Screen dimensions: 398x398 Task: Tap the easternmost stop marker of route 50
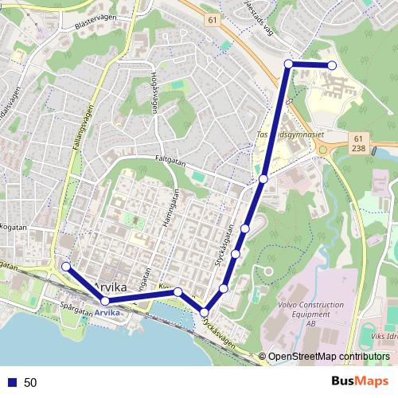click(332, 65)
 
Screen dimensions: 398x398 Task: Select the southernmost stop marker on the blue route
click(205, 312)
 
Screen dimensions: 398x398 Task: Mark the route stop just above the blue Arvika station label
click(104, 300)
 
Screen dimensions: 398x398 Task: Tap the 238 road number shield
click(357, 148)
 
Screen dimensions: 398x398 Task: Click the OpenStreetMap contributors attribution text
click(328, 357)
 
